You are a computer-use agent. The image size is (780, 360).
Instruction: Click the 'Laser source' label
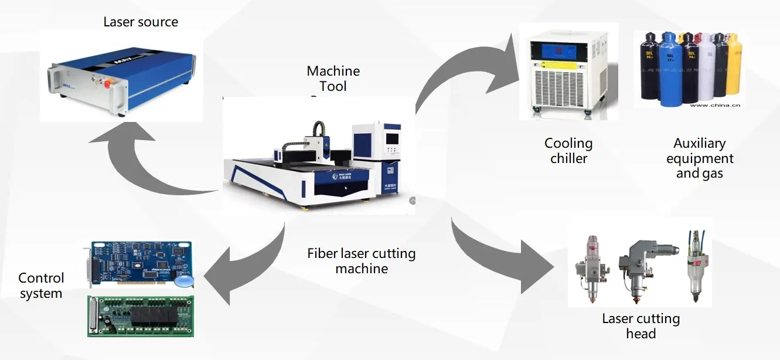click(141, 22)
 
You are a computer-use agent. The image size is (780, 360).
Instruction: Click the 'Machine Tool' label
click(333, 79)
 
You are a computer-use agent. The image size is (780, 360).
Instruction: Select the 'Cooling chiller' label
click(568, 151)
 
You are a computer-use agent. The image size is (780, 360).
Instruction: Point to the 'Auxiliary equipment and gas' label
click(700, 158)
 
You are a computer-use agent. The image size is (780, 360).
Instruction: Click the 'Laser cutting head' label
click(641, 327)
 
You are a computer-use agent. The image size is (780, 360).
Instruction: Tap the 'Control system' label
click(41, 286)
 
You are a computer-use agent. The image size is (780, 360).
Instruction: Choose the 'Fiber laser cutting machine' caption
click(362, 261)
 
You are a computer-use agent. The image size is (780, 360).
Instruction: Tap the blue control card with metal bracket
click(141, 264)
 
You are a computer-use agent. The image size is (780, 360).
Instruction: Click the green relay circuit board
click(141, 316)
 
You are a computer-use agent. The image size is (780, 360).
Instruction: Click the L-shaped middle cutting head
click(645, 264)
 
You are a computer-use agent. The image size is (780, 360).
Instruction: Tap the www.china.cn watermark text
click(716, 106)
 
